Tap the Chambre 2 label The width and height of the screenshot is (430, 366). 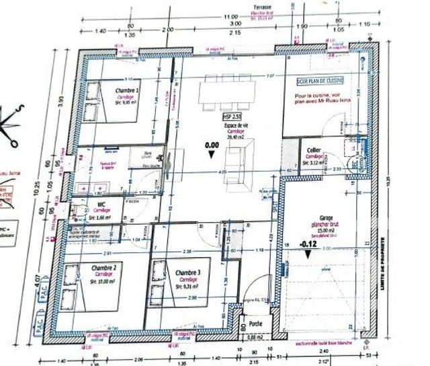tap(104, 268)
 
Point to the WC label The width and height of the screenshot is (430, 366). tap(101, 204)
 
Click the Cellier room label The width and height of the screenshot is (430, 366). tap(313, 149)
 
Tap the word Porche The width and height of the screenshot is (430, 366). tap(255, 324)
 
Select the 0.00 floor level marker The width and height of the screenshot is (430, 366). tap(212, 144)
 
